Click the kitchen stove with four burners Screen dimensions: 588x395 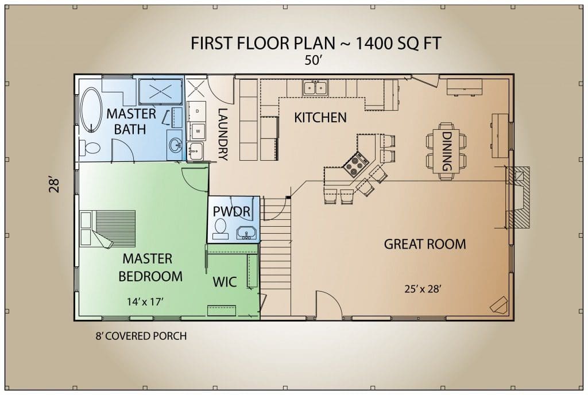[356, 165]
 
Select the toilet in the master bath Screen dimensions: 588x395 [89, 148]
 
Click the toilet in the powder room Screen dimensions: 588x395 [220, 229]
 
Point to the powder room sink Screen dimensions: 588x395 [247, 233]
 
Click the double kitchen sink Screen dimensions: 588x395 [315, 88]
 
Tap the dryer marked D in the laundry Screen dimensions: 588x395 [197, 111]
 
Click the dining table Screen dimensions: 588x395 [446, 151]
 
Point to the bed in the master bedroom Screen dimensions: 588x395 [107, 229]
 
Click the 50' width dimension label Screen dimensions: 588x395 [314, 60]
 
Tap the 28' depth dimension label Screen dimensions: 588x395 [54, 185]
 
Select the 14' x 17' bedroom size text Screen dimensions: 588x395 [145, 301]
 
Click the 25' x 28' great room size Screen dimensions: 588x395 [423, 289]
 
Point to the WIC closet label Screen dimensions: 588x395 [225, 282]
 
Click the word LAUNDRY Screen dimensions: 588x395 [223, 134]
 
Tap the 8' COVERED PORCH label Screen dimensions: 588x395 [141, 336]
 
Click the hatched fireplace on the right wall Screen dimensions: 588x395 [519, 197]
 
